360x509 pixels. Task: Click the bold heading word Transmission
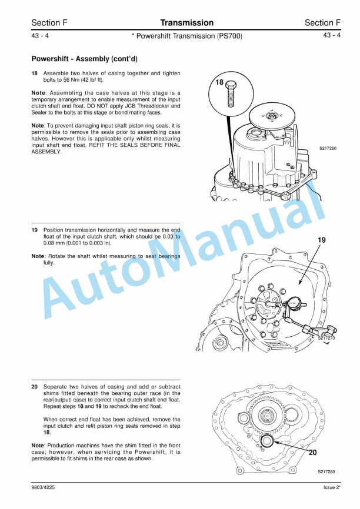click(186, 23)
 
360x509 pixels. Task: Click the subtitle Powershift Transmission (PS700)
click(186, 36)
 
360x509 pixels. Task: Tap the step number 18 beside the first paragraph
click(35, 73)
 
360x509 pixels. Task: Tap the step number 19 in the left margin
click(35, 230)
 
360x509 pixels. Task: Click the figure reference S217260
click(328, 149)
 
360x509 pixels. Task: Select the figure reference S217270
click(326, 338)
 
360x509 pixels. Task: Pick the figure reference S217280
click(326, 471)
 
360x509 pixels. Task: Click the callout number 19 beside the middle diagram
click(321, 240)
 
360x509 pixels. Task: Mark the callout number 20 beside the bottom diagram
click(313, 453)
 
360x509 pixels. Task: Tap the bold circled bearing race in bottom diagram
click(266, 441)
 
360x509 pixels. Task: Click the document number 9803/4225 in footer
click(45, 487)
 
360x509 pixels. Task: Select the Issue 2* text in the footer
click(331, 487)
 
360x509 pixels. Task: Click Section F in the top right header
click(322, 23)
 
